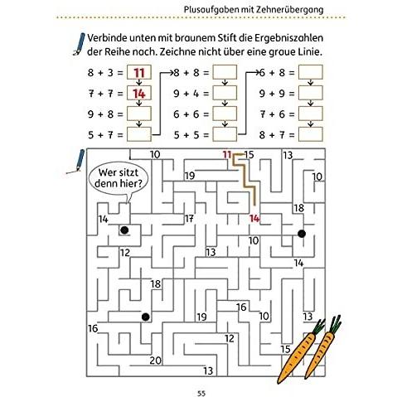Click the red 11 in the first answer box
pyautogui.click(x=139, y=73)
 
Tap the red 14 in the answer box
pyautogui.click(x=139, y=94)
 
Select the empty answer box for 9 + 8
pyautogui.click(x=139, y=114)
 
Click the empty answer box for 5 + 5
pyautogui.click(x=225, y=134)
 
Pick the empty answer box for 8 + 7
pyautogui.click(x=311, y=134)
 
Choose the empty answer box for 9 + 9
pyautogui.click(x=311, y=93)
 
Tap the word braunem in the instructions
pyautogui.click(x=195, y=38)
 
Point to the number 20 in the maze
pyautogui.click(x=156, y=361)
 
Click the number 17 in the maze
pyautogui.click(x=189, y=219)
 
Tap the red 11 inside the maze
pyautogui.click(x=227, y=154)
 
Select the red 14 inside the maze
pyautogui.click(x=254, y=219)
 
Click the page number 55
pyautogui.click(x=201, y=393)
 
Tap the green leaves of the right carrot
pyautogui.click(x=336, y=324)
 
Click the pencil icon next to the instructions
pyautogui.click(x=79, y=44)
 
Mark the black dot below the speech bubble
pyautogui.click(x=124, y=230)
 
